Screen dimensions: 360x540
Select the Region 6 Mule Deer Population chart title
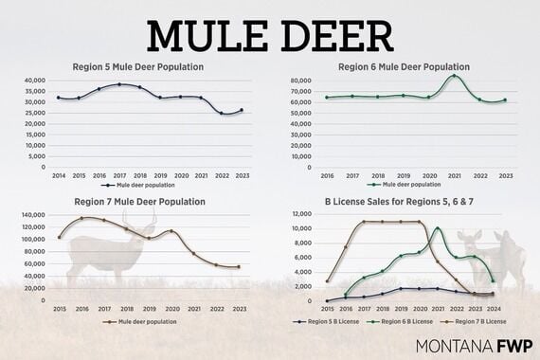404,67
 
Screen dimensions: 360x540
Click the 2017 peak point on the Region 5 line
119,84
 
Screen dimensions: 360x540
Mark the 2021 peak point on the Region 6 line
454,76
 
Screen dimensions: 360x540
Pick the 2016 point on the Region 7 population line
82,218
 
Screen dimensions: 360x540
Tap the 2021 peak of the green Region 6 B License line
437,228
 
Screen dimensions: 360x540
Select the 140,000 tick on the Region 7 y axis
32,214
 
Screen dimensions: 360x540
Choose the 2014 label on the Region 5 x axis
60,176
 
